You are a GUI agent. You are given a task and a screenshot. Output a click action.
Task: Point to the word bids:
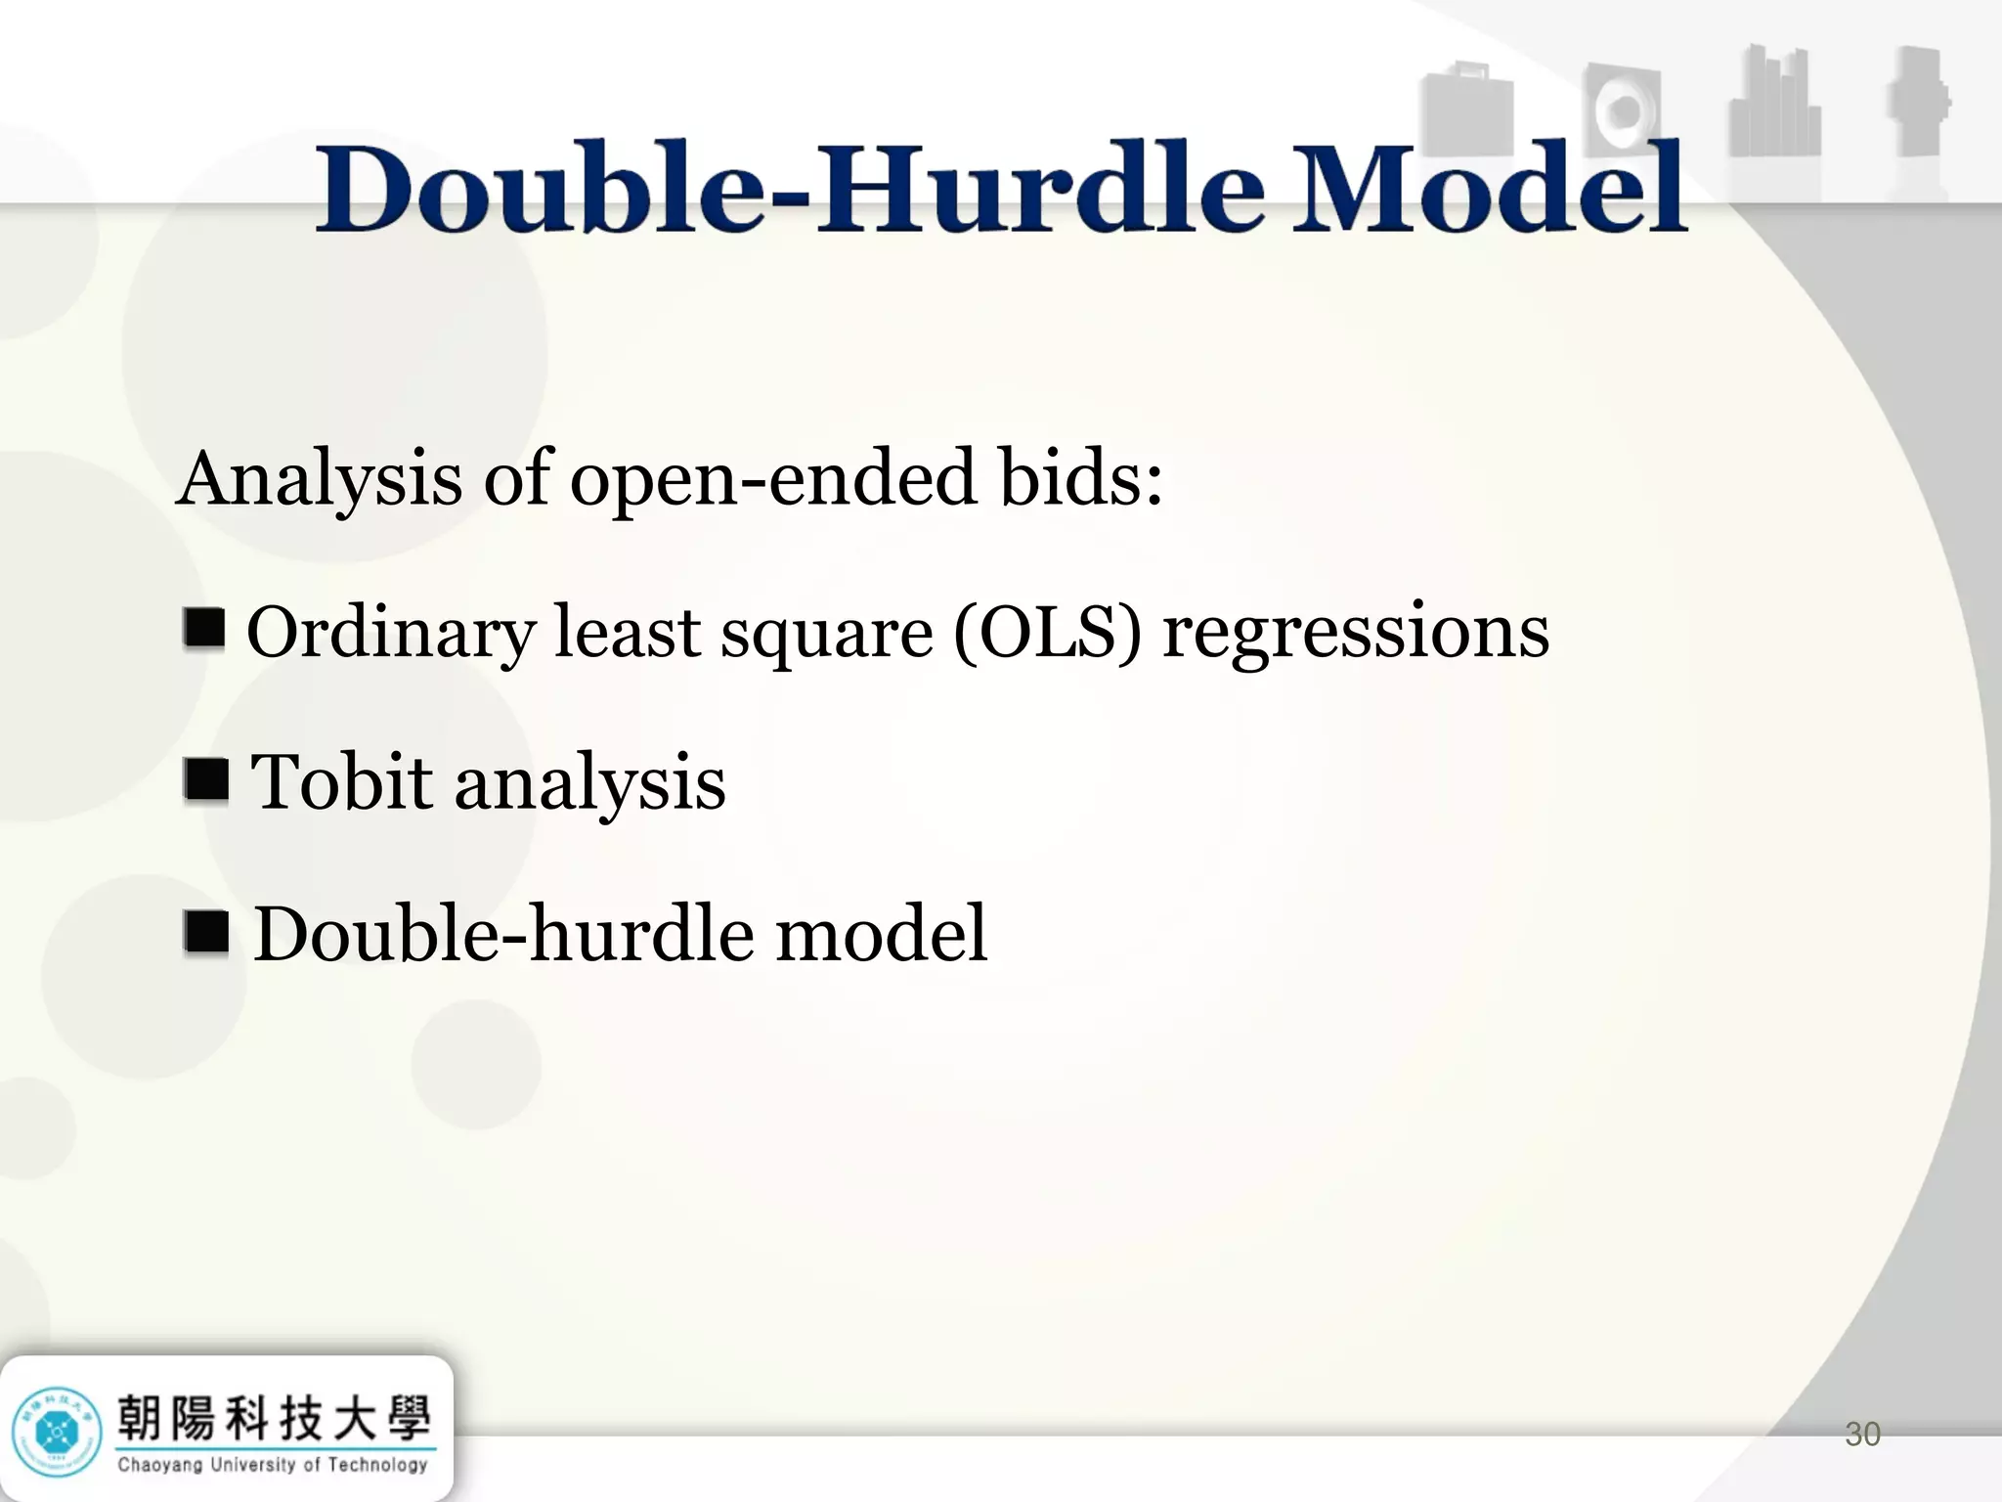1081,479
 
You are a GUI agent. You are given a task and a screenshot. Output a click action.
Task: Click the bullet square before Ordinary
204,628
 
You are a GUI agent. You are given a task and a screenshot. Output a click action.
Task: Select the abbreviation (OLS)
1047,632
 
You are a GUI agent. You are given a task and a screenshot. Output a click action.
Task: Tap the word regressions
1355,634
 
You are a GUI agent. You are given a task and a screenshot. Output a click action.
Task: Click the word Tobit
341,782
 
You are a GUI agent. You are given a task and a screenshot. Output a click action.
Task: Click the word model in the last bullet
881,934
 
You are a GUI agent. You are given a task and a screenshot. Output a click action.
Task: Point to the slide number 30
1861,1435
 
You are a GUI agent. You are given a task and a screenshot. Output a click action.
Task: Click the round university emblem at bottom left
57,1434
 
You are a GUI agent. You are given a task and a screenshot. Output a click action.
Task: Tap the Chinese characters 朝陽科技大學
273,1418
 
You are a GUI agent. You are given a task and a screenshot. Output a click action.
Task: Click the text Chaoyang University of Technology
273,1465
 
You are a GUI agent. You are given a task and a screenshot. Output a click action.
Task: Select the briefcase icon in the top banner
1466,115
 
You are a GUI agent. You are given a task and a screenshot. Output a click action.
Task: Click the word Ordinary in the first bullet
390,634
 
